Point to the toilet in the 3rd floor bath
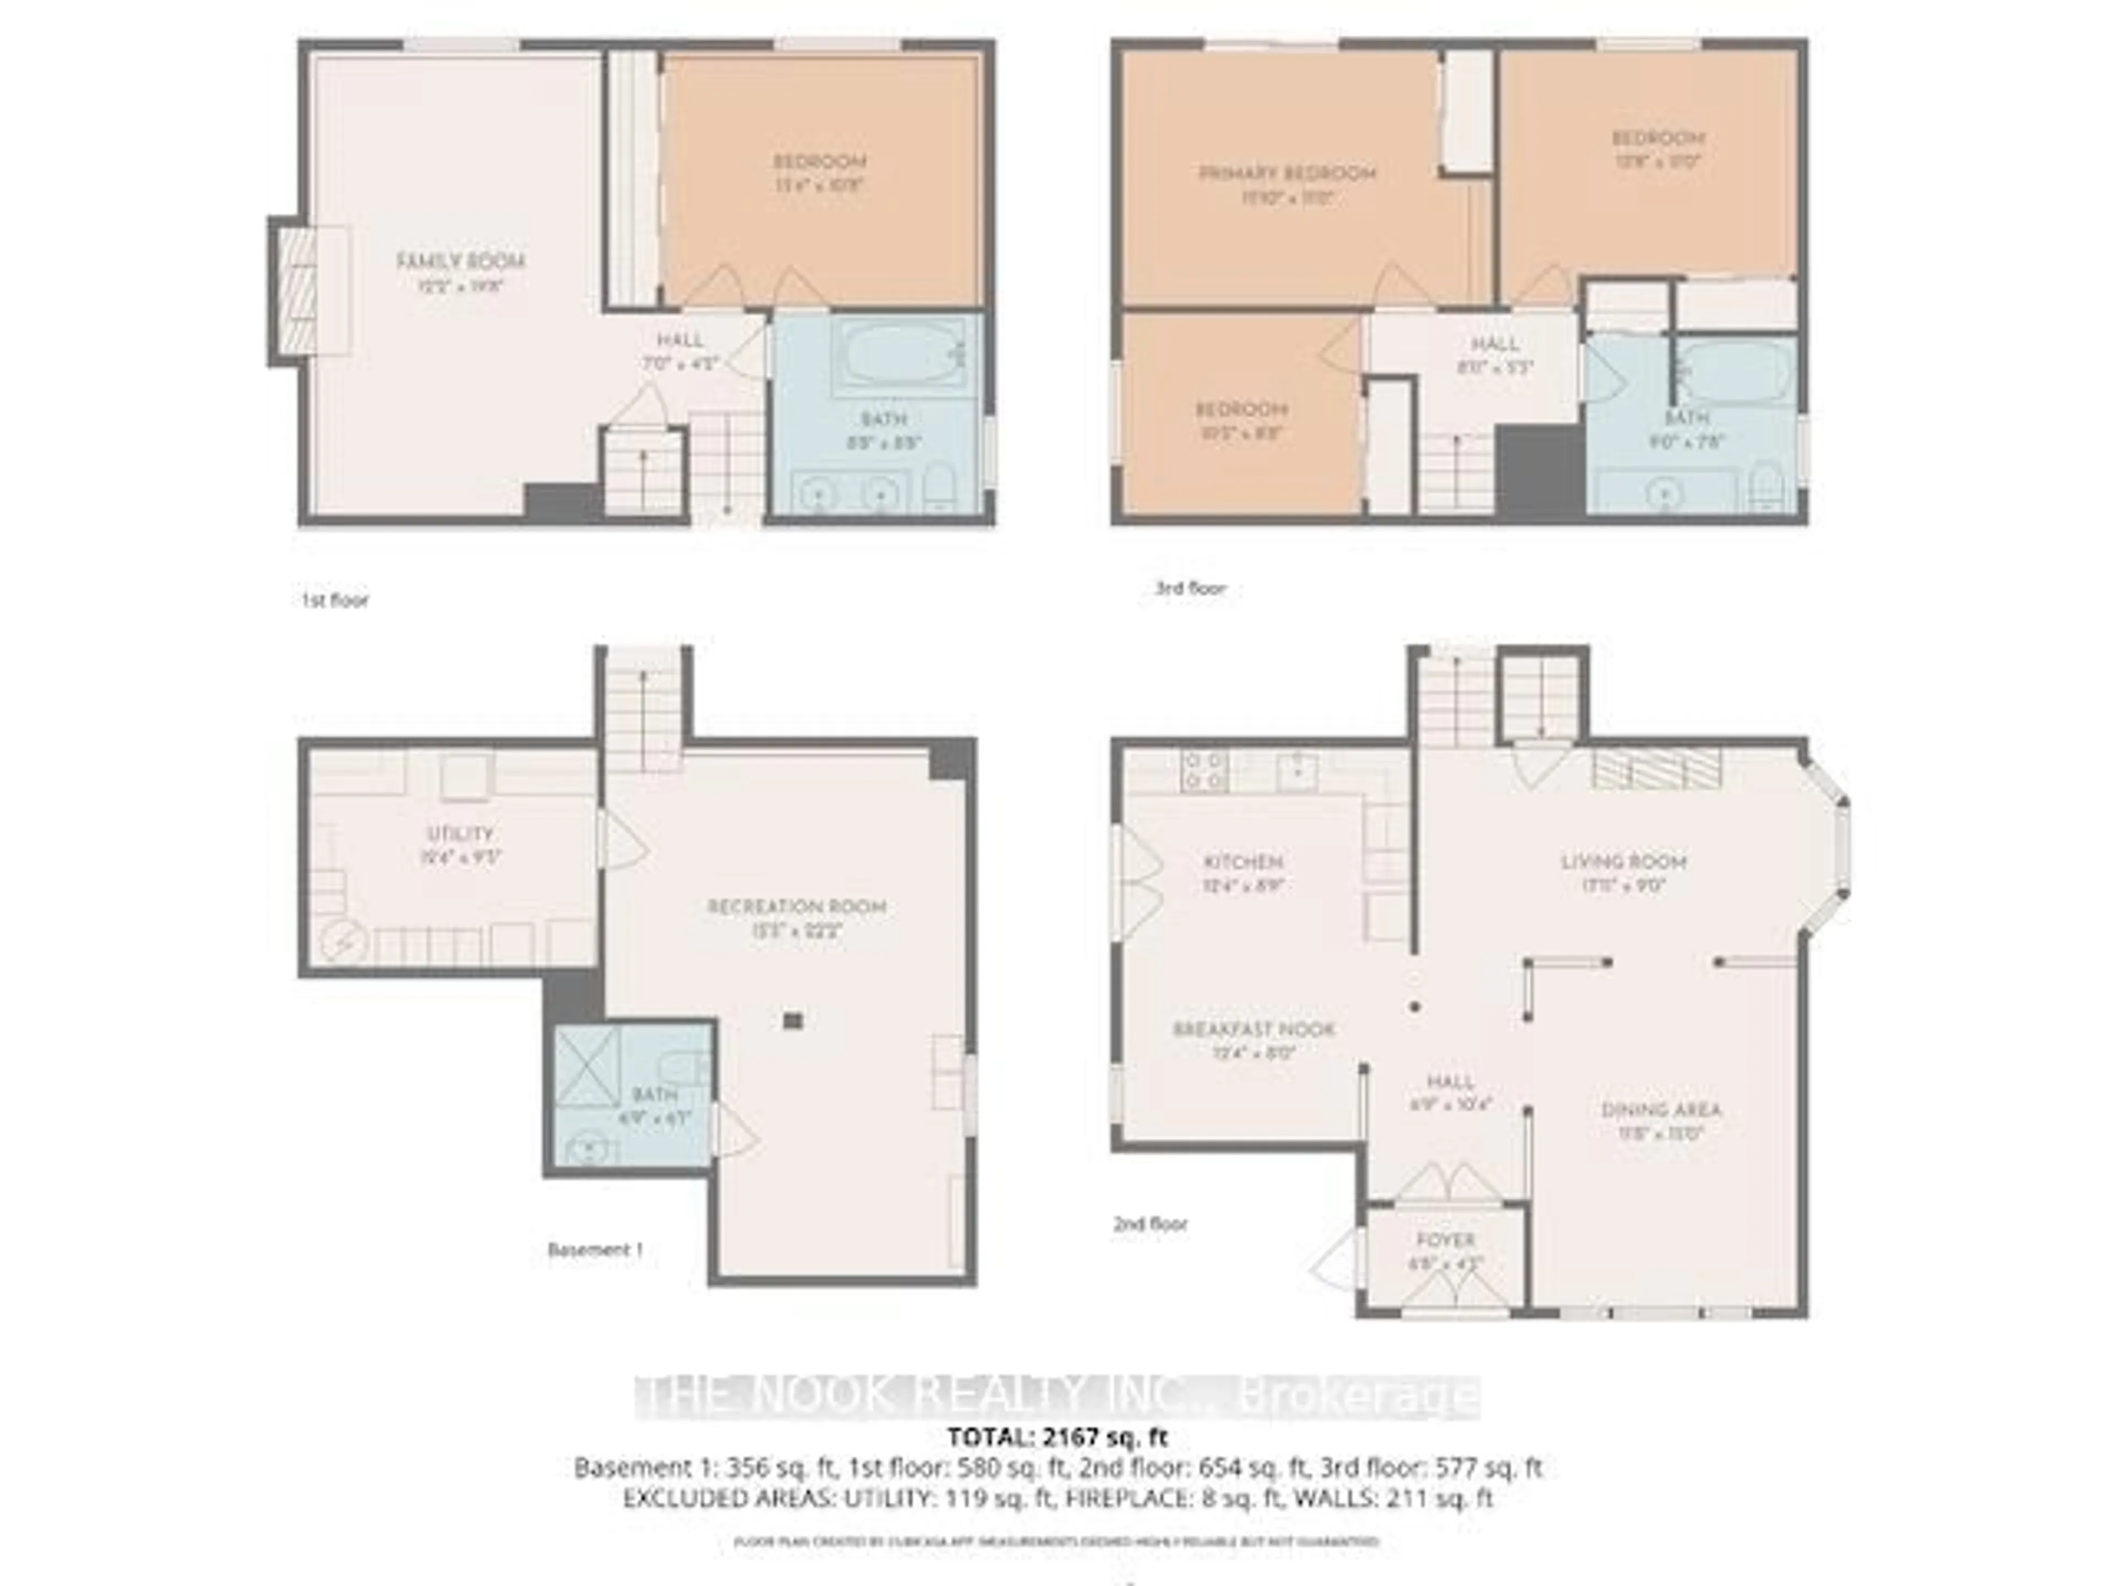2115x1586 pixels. pos(1764,485)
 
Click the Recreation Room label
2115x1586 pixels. pos(796,906)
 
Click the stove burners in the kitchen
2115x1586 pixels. pos(1205,769)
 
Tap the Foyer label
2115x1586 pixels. pos(1446,1240)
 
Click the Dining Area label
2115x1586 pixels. pos(1661,1110)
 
